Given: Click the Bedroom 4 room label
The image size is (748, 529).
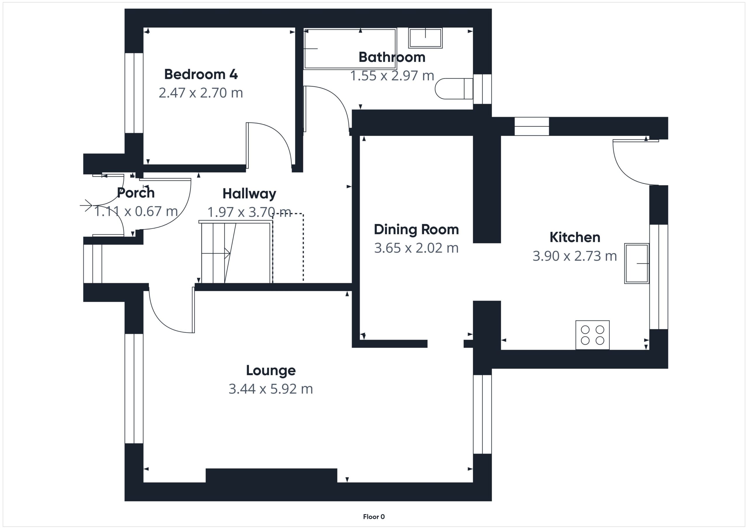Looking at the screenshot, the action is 201,74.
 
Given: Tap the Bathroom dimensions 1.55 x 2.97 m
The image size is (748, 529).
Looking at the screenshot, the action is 392,76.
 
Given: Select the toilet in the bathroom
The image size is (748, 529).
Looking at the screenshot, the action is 454,88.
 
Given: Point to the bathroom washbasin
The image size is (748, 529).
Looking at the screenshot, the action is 425,38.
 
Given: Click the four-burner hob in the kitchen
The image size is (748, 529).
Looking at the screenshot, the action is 592,335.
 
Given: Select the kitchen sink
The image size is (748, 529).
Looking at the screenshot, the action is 637,263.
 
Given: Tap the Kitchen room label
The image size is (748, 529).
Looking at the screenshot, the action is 575,237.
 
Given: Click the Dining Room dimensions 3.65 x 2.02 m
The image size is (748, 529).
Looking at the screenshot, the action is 416,248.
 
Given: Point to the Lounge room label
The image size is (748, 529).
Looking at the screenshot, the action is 271,370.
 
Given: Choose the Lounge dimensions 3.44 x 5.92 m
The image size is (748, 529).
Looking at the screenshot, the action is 271,389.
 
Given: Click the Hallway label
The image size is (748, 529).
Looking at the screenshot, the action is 249,194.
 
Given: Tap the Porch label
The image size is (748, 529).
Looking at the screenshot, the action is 136,193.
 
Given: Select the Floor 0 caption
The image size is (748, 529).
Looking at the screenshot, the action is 374,517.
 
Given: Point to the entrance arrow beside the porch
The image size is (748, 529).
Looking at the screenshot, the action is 86,205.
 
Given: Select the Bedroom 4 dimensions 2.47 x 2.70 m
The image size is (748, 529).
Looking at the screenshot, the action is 201,93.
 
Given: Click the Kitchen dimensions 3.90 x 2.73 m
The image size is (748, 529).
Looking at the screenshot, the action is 575,256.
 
